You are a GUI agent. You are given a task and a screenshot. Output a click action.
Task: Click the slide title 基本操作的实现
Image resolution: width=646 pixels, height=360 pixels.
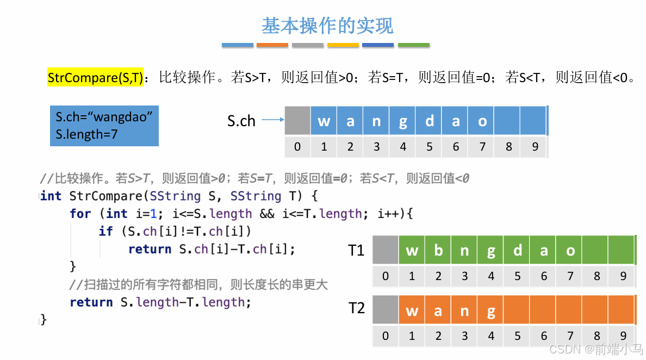pos(327,26)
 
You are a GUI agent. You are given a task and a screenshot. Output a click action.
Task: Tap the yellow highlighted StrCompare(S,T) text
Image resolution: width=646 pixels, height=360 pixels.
pos(95,78)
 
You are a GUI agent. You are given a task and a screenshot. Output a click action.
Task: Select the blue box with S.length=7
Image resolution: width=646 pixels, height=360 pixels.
pos(104,126)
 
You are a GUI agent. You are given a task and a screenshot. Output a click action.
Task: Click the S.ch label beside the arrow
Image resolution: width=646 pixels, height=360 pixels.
pos(241,121)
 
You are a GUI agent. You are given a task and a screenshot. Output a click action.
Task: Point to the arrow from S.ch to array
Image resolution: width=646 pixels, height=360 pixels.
pos(273,121)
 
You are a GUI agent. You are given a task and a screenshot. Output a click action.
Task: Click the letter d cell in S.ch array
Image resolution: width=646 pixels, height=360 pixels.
pos(429,121)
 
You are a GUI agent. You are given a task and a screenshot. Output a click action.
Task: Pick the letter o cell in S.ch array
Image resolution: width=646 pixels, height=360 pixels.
pos(482,121)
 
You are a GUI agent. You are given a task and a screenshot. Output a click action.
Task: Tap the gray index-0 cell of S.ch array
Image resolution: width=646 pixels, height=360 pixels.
pos(297,121)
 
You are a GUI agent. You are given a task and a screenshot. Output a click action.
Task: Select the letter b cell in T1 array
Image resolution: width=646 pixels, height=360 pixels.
pos(438,250)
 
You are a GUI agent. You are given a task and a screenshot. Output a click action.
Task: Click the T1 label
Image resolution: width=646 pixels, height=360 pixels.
pos(356,250)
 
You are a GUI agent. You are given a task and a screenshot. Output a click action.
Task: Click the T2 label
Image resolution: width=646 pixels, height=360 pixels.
pos(356,309)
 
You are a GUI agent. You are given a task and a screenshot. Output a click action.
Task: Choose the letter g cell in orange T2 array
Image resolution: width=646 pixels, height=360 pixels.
pos(491,311)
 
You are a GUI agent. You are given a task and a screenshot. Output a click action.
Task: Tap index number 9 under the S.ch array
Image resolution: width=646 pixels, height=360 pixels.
pos(535,147)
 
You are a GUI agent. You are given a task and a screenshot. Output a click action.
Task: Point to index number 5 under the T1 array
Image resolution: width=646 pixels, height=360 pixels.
pos(517,276)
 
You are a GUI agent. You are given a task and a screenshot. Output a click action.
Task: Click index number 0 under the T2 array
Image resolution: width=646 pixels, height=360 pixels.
pos(386,336)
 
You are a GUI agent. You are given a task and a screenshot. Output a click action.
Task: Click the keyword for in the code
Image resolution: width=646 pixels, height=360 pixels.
pos(80,214)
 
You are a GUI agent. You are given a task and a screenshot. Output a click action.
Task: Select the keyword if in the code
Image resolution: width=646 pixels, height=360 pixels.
pos(105,231)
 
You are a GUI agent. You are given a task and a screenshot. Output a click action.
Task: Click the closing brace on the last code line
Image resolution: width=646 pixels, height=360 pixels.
pos(44,319)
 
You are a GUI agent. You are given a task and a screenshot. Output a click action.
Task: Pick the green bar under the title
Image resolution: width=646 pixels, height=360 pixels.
pos(413,45)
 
